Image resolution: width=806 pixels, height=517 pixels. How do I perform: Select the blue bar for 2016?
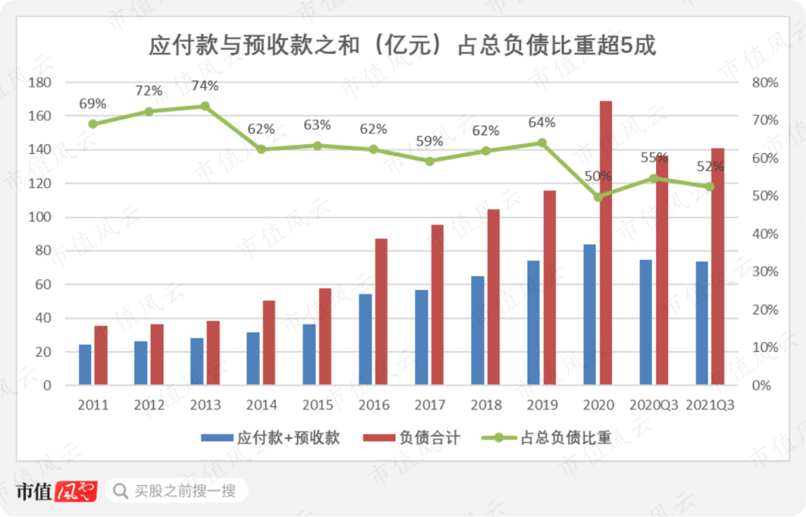click(366, 339)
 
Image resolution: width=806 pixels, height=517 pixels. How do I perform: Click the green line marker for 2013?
click(205, 106)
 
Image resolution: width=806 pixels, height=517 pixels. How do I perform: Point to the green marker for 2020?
click(598, 197)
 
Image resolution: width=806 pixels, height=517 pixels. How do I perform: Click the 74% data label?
click(205, 86)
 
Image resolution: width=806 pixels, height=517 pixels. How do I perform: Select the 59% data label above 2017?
click(429, 140)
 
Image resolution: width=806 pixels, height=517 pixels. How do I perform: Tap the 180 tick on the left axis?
click(39, 82)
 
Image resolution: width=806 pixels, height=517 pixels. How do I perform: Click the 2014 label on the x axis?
click(261, 406)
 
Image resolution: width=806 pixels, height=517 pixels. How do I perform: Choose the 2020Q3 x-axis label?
click(654, 406)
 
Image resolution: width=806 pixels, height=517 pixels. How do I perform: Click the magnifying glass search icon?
click(119, 491)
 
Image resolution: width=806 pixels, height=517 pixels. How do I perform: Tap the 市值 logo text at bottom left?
click(34, 491)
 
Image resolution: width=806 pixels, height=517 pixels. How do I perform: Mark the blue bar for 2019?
click(534, 323)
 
